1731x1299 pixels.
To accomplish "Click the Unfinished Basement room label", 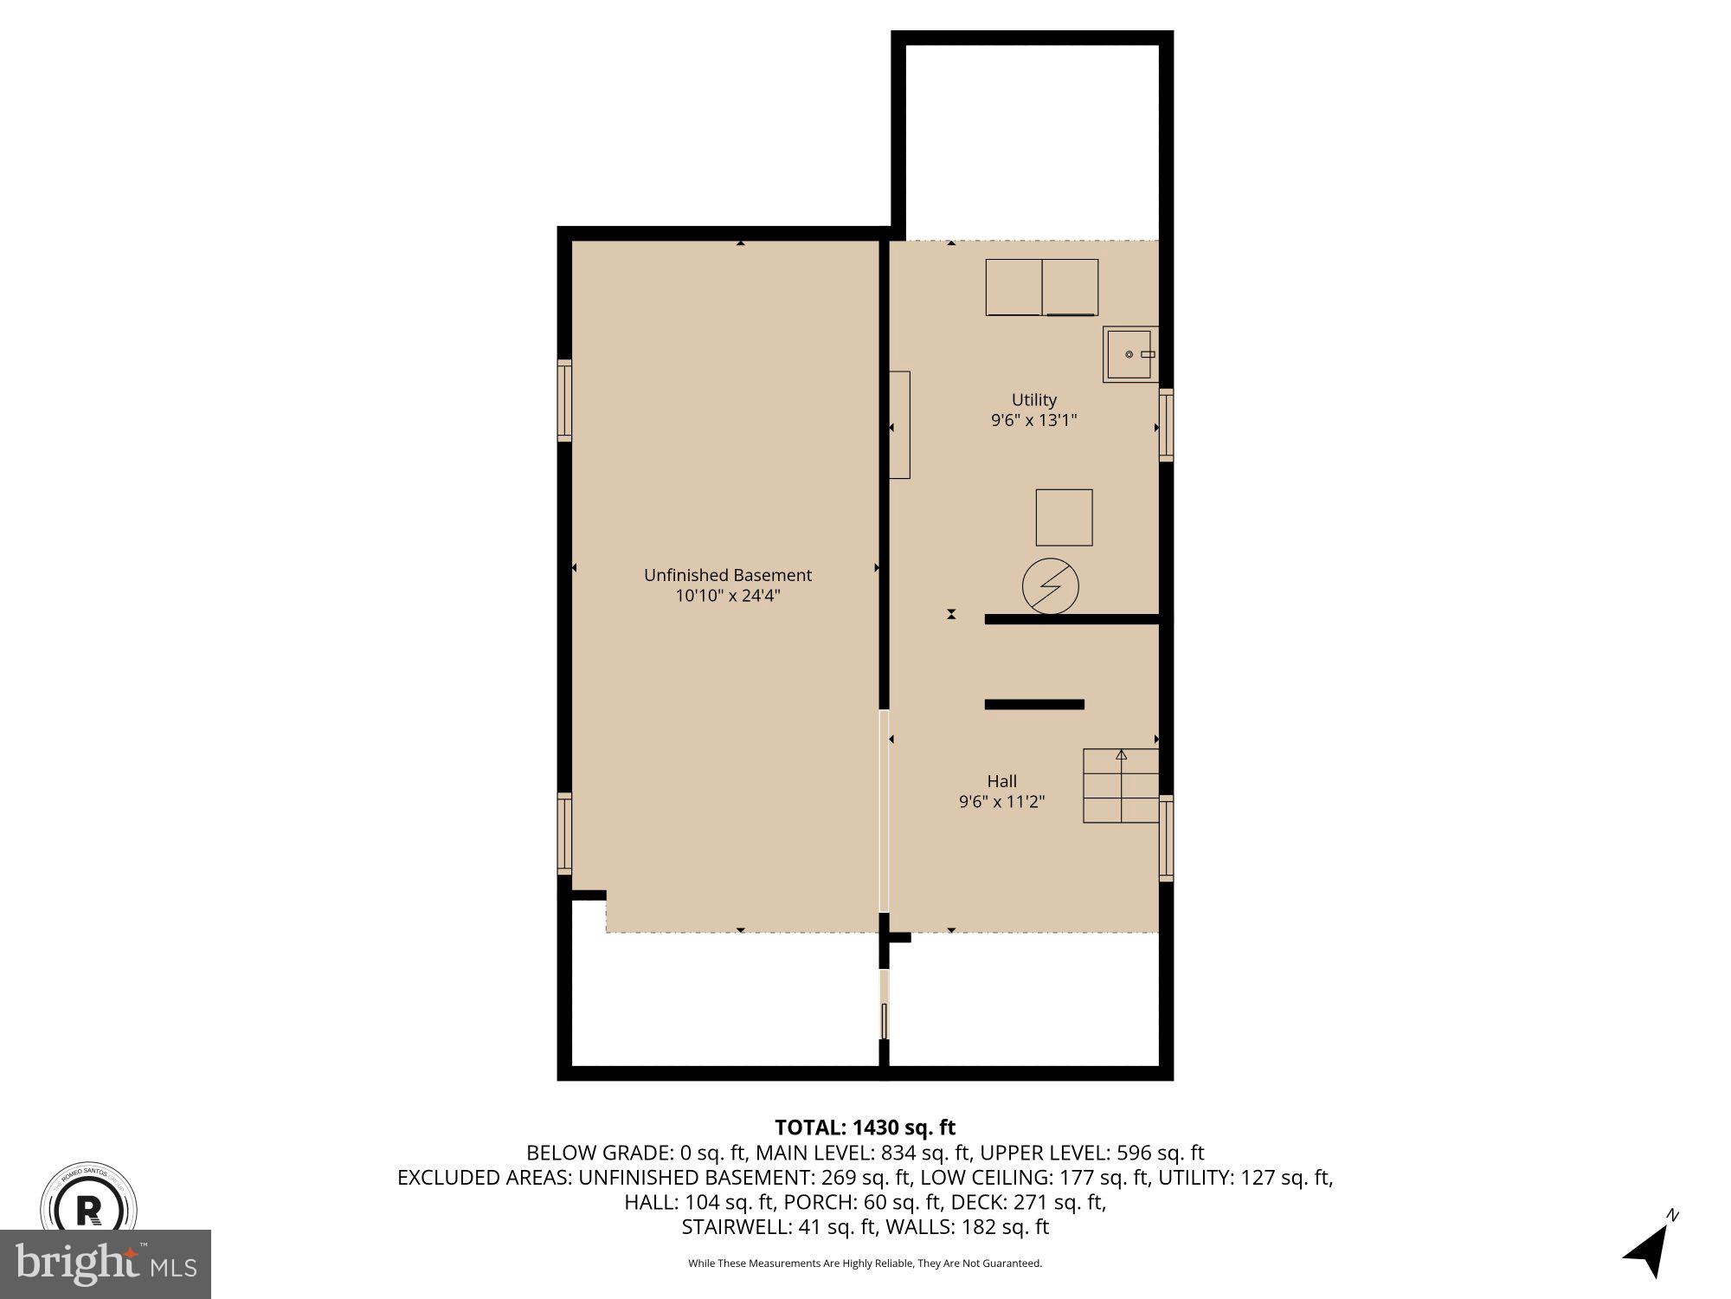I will tap(727, 575).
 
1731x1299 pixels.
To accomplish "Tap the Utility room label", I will tap(1034, 400).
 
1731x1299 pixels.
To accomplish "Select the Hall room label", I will tap(1001, 781).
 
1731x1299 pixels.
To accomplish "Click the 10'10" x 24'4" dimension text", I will tap(727, 596).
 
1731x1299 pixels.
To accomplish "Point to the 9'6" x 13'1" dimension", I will tap(1034, 421).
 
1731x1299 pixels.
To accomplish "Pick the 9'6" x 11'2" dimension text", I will tap(1001, 802).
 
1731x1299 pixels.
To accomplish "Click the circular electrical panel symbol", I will tap(1051, 586).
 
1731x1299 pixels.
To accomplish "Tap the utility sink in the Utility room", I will tap(1129, 354).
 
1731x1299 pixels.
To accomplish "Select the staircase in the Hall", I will tap(1121, 785).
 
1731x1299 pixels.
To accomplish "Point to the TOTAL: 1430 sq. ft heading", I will tap(865, 1128).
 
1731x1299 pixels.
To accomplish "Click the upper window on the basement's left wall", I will tap(564, 400).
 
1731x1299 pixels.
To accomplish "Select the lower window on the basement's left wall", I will tap(564, 834).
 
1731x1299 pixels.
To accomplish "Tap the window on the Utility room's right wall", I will tap(1166, 424).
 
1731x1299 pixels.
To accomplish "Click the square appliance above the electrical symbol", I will tap(1064, 517).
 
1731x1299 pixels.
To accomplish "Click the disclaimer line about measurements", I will tap(865, 1263).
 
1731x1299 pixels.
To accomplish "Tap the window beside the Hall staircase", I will tap(1166, 837).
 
